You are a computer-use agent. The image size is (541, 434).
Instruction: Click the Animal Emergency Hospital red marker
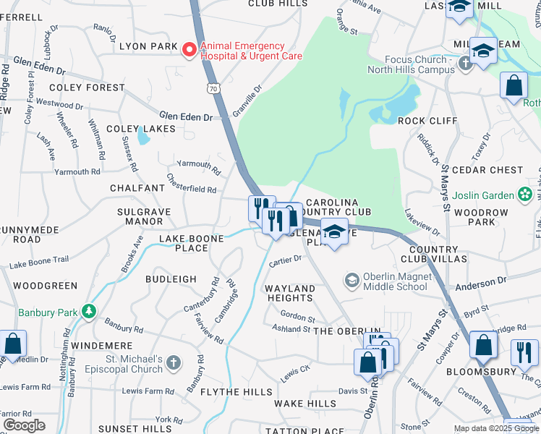click(189, 49)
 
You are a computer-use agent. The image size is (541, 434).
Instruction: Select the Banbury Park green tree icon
click(89, 310)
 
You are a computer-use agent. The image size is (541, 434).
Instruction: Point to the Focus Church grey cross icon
click(466, 64)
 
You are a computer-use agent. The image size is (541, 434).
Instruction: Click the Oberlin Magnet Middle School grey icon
click(352, 279)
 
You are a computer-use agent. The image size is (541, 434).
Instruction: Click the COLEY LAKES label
click(141, 129)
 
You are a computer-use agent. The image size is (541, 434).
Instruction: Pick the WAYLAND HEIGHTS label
click(290, 293)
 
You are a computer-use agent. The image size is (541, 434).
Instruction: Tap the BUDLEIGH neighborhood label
click(171, 278)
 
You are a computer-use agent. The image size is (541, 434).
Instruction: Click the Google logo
click(24, 425)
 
